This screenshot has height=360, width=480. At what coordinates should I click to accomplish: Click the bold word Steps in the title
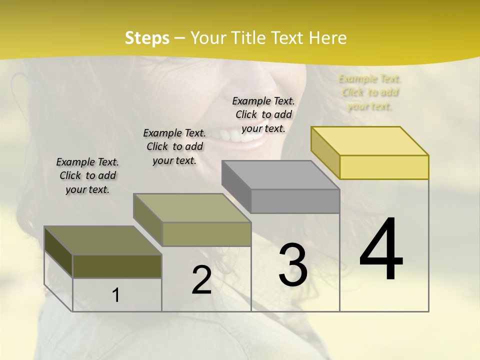pos(147,38)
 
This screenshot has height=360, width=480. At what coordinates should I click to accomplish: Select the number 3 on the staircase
pos(293,264)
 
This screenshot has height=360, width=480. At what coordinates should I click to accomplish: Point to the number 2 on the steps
pos(201,280)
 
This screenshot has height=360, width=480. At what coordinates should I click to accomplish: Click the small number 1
pos(116,295)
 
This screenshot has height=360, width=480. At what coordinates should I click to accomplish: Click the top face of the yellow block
pos(370,140)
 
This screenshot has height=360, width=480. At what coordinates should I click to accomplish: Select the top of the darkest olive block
pos(102,240)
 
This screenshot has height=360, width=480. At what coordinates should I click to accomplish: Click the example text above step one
pos(87,175)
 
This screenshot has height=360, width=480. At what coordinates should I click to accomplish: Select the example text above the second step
pos(174,146)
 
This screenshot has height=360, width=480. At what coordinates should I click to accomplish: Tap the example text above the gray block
pos(263,114)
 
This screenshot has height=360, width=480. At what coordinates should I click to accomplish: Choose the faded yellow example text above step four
pos(370,92)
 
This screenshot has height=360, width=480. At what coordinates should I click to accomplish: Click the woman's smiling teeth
pos(240,136)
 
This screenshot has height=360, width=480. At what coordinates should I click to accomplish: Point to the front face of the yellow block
pos(384,167)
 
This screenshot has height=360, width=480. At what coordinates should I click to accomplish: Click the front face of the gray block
pos(295,201)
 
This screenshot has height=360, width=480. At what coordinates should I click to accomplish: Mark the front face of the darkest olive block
pos(117,266)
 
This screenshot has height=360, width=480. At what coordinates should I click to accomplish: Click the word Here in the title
pos(328,38)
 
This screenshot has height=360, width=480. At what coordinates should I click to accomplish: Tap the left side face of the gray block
pos(236,186)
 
